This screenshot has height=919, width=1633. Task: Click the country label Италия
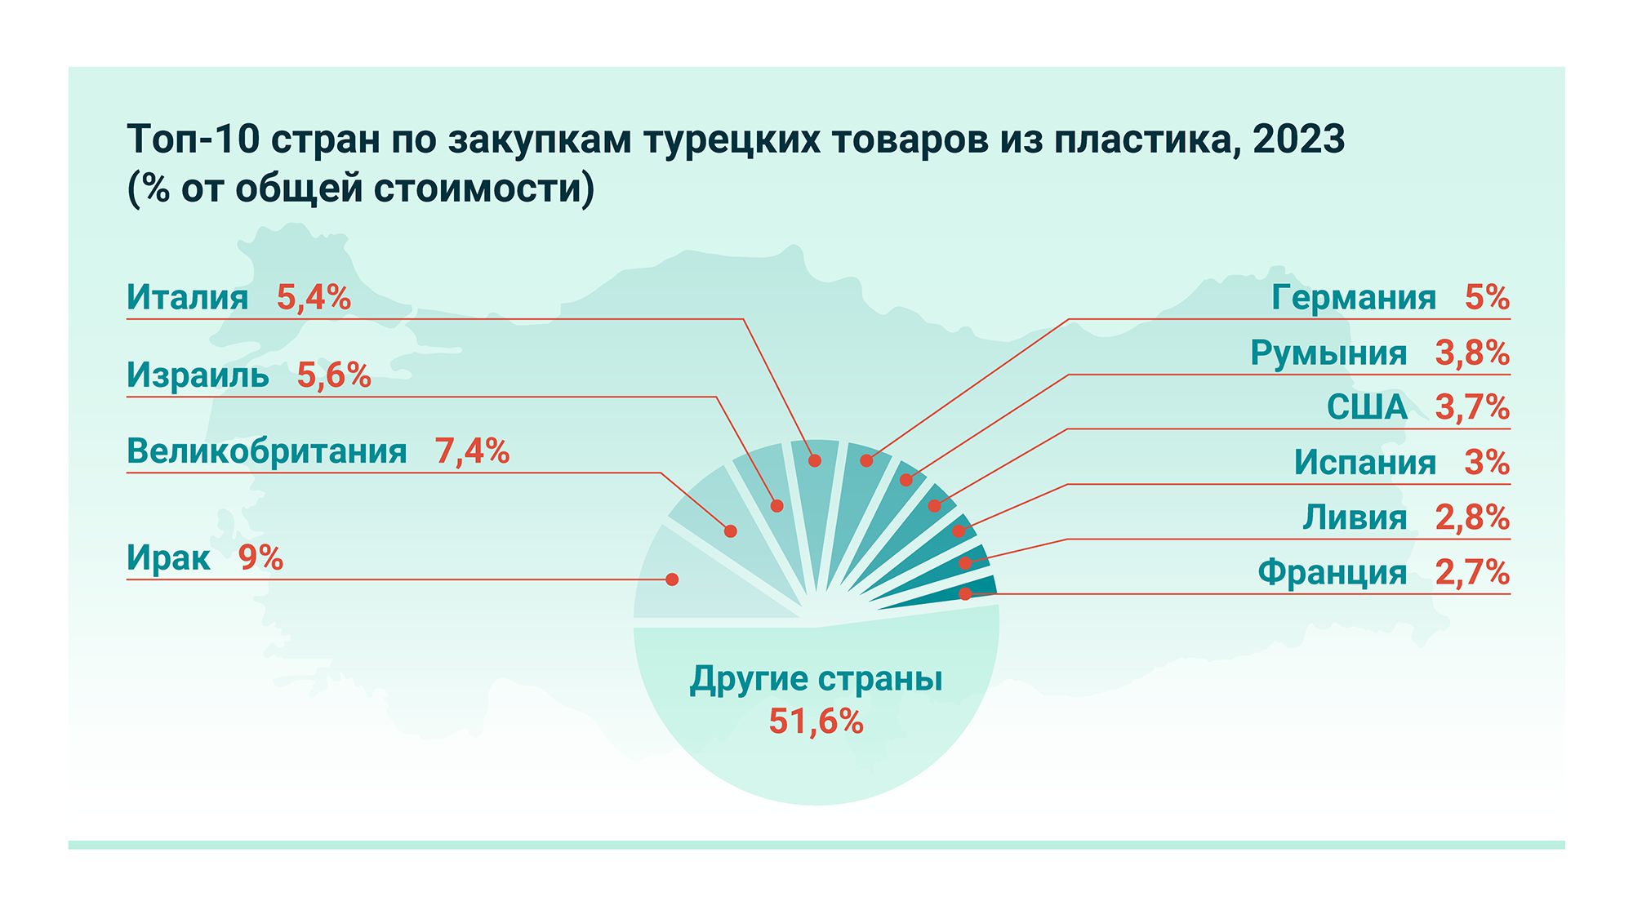(x=187, y=298)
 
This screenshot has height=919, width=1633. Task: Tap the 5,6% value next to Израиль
(x=334, y=375)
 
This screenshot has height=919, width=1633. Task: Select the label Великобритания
(x=266, y=451)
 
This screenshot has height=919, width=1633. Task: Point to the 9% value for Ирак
(x=260, y=558)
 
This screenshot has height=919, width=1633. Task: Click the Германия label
(x=1354, y=298)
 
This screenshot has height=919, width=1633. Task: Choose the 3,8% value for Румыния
(x=1472, y=353)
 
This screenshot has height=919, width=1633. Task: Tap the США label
(x=1367, y=407)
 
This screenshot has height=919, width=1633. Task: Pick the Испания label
(x=1364, y=463)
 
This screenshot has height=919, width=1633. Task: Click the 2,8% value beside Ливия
(x=1472, y=517)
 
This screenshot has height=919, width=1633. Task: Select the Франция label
(x=1332, y=572)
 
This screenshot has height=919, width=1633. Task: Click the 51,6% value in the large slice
(x=816, y=722)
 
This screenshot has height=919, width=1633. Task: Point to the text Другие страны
(x=816, y=679)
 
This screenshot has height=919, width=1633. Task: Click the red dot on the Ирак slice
(x=672, y=579)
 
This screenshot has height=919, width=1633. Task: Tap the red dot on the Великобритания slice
(x=731, y=531)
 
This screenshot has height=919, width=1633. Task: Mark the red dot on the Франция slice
(x=965, y=593)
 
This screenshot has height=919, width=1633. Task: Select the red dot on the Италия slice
(x=815, y=460)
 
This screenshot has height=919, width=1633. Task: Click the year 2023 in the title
(x=1298, y=140)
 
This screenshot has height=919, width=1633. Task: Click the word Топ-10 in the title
(x=193, y=140)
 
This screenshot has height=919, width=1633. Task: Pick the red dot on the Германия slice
(x=866, y=460)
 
